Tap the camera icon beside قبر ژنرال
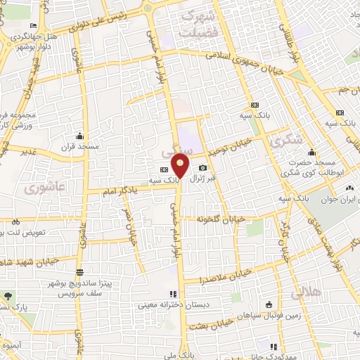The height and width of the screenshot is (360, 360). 203,167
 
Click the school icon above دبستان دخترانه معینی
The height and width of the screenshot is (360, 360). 172,295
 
